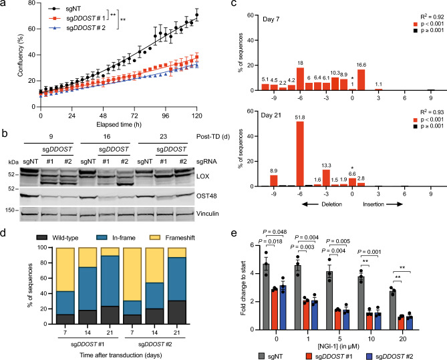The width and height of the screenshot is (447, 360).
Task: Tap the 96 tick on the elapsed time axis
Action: (165, 116)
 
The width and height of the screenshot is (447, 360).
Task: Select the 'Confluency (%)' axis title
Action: (20, 55)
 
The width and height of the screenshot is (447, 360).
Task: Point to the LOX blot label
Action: (202, 176)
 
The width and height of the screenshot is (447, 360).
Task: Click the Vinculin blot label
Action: (208, 214)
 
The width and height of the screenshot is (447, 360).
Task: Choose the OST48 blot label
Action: (206, 196)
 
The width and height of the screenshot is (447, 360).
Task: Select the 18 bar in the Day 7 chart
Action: (300, 79)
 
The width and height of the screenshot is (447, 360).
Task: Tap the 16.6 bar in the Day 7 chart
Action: (361, 79)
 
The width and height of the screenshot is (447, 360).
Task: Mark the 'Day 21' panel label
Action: (271, 115)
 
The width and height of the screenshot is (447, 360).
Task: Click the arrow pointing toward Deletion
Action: (310, 204)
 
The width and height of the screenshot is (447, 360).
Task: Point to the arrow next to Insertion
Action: (394, 204)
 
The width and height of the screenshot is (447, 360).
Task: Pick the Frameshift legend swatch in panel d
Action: (155, 237)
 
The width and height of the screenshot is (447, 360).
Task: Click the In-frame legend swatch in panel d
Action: (102, 237)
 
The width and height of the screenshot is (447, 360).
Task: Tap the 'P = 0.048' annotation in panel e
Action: (275, 232)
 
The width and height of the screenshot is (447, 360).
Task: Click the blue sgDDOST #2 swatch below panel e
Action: (369, 356)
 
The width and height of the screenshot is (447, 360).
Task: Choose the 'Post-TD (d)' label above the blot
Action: (213, 136)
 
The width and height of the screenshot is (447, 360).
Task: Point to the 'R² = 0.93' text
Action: (432, 112)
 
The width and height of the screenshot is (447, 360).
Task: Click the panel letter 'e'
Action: (234, 233)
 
